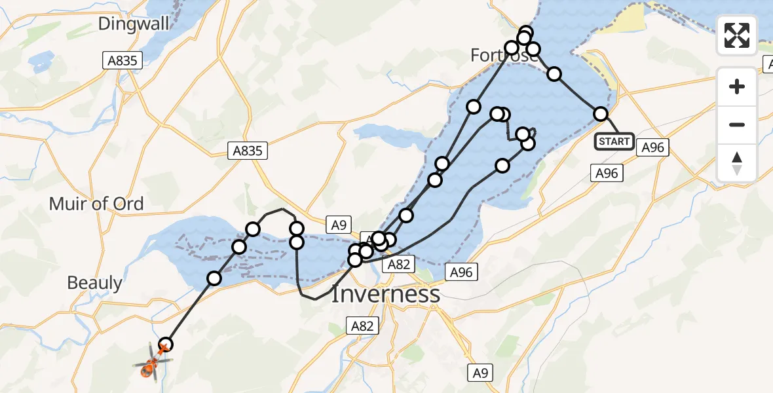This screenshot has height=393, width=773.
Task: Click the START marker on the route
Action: click(614, 141)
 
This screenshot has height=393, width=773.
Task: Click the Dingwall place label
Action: click(134, 24)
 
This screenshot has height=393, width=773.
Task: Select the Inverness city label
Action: click(385, 294)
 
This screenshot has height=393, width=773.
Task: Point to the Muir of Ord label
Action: click(96, 204)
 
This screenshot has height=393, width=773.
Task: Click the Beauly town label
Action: click(95, 283)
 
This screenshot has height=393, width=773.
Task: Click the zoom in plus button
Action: click(737, 86)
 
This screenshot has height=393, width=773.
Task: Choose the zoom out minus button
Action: click(737, 124)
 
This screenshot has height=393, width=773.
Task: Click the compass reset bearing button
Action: click(737, 163)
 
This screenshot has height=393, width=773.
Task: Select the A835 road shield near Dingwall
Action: click(123, 61)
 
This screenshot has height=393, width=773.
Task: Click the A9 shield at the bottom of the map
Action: click(480, 373)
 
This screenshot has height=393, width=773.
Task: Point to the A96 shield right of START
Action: click(652, 148)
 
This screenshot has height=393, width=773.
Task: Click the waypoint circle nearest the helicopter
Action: click(166, 345)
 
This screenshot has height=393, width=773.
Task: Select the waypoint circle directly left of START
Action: click(600, 114)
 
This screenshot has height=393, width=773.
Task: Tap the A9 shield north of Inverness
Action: click(338, 225)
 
